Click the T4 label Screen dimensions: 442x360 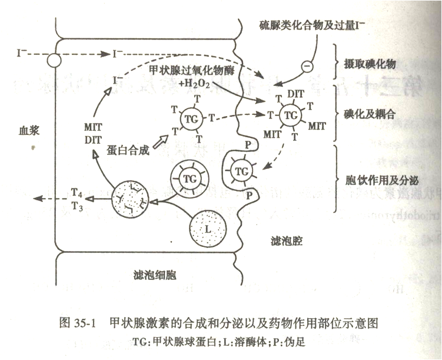[x=76, y=192]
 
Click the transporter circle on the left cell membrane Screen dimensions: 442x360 [x=54, y=60]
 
